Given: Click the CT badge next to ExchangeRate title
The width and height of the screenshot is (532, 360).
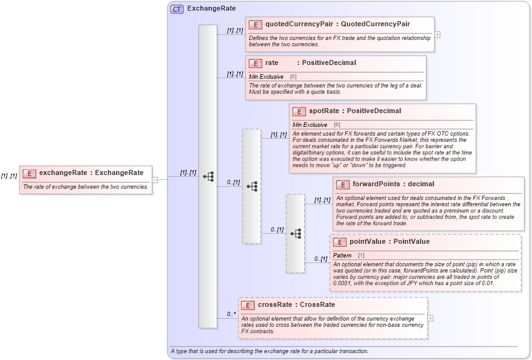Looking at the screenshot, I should click(x=177, y=9).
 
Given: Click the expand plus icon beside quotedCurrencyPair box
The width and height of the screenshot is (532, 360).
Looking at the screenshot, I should click(x=437, y=34).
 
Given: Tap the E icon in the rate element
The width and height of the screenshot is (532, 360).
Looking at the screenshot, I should click(x=255, y=63).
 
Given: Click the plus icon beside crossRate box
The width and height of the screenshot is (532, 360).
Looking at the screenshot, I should click(x=431, y=318).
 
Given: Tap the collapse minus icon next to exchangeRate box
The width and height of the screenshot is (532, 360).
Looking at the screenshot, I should click(x=155, y=180).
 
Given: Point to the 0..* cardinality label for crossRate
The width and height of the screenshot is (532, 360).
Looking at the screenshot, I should click(x=231, y=314).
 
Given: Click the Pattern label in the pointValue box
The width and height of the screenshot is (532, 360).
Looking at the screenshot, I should click(x=342, y=256).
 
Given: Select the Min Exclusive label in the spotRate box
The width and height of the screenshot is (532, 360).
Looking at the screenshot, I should click(x=310, y=125).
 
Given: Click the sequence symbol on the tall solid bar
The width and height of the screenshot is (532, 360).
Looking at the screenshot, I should click(x=208, y=176).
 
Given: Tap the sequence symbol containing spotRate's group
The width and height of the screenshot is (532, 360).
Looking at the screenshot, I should click(x=252, y=186).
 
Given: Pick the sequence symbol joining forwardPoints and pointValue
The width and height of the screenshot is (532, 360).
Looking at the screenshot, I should click(x=295, y=233).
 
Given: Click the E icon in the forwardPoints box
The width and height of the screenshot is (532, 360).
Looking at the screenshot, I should click(x=342, y=184).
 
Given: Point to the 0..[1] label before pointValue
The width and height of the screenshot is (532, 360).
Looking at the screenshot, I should click(x=320, y=258).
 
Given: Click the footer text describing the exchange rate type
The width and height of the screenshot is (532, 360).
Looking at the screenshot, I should click(x=269, y=351).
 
